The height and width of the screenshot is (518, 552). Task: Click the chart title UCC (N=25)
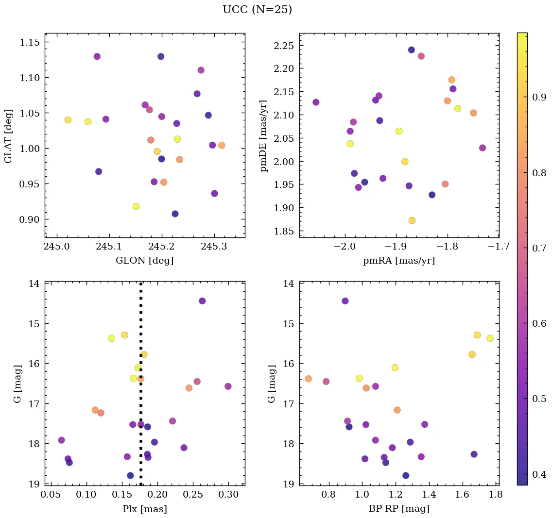tap(257, 10)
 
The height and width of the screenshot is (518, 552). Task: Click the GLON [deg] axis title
tap(144, 261)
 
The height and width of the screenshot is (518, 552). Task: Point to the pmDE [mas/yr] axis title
tap(264, 136)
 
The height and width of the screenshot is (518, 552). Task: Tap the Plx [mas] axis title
tap(144, 509)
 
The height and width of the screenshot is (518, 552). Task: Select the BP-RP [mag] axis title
tap(399, 509)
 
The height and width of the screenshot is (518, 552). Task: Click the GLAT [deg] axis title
tap(8, 136)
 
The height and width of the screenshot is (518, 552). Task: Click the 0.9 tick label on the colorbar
tap(539, 97)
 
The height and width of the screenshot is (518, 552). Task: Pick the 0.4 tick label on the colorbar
tap(539, 474)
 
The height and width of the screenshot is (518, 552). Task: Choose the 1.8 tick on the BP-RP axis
tap(496, 496)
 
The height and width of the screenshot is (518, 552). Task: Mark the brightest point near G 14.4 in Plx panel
tap(202, 301)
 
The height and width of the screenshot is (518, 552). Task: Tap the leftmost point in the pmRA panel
tap(316, 102)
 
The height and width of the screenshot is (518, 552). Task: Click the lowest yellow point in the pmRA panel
tap(412, 220)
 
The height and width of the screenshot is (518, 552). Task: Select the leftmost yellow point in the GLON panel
tap(68, 120)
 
